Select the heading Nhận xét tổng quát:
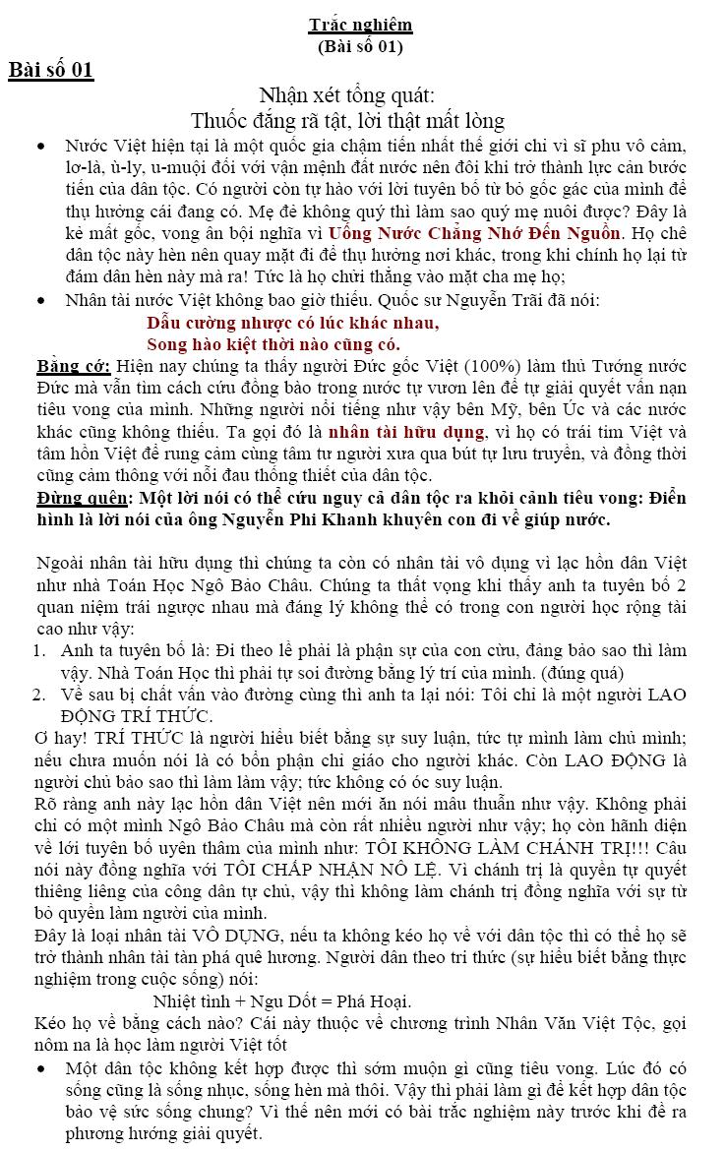[346, 95]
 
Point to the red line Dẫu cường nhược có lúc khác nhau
[292, 323]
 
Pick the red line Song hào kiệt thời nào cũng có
[272, 343]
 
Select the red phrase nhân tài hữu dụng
[407, 432]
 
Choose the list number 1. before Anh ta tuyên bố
[40, 651]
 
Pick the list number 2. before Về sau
[40, 695]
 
